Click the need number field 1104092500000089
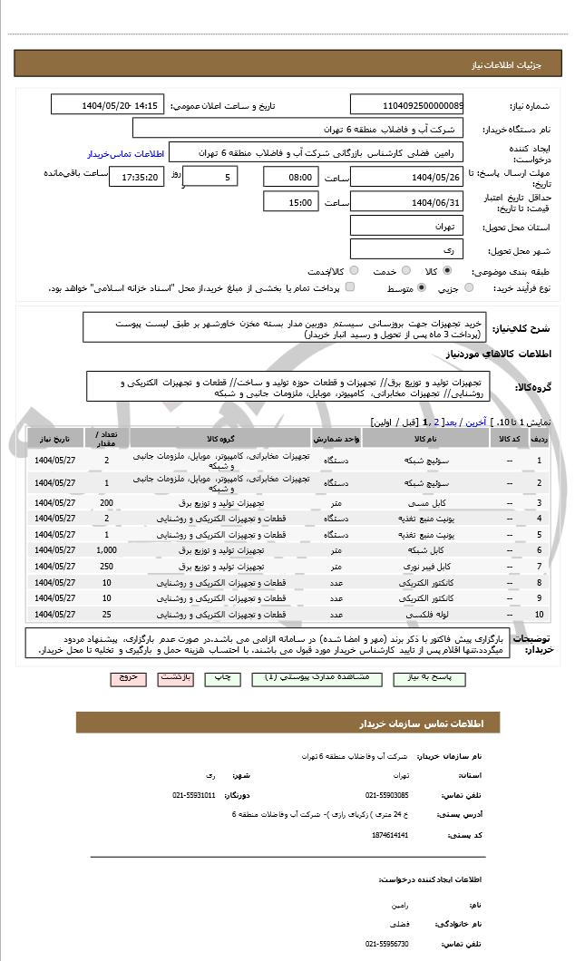[x=406, y=105]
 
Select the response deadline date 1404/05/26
[x=406, y=177]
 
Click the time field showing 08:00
[x=291, y=177]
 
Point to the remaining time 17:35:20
[x=137, y=177]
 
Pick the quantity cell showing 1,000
[x=107, y=550]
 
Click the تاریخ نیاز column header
[x=55, y=439]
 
